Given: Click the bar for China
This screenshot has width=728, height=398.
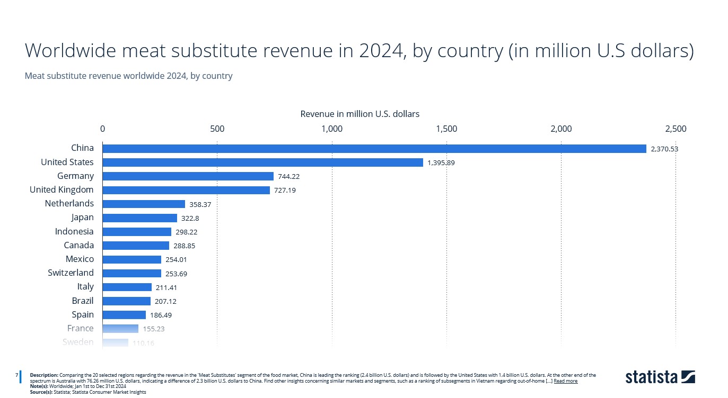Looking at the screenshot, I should click(374, 149).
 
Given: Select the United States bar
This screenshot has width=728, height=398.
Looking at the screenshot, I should click(262, 162).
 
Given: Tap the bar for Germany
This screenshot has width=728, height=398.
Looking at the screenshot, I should click(188, 176).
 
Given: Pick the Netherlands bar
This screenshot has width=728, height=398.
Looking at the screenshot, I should click(144, 204).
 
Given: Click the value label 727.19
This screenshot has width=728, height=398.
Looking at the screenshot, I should click(285, 190).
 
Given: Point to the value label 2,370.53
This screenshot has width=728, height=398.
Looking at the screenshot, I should click(664, 149).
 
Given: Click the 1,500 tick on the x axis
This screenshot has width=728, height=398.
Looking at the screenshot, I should click(446, 129).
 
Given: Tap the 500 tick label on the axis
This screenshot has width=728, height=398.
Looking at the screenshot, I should click(217, 129).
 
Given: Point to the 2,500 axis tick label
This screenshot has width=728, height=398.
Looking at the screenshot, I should click(676, 129).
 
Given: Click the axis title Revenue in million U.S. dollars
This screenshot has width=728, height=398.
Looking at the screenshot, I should click(359, 114).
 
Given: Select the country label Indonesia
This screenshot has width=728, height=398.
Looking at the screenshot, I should click(74, 231).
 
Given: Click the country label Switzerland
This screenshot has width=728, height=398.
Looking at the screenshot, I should click(71, 273).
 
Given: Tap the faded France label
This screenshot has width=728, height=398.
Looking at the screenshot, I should click(80, 328).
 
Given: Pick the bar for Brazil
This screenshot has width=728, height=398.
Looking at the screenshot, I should click(126, 301).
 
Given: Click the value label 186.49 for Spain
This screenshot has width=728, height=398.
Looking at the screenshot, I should click(161, 315).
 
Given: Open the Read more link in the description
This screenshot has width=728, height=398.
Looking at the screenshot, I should click(565, 381).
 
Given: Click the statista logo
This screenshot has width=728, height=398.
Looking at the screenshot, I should click(660, 376).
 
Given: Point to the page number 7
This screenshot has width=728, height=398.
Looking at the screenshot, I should click(16, 375).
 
